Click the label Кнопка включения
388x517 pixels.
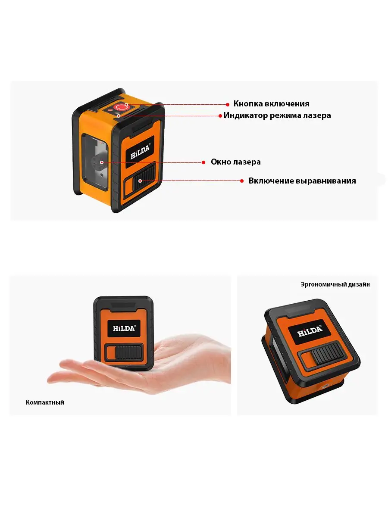(271, 104)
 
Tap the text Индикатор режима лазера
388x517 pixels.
(277, 115)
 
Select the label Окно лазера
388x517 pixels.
(235, 162)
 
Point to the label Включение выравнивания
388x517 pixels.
(302, 181)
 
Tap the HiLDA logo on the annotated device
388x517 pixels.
(140, 152)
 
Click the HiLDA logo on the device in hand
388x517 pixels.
(124, 328)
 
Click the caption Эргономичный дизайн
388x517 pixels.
(335, 284)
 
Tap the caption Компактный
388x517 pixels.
(45, 402)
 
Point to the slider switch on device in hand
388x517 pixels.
(128, 352)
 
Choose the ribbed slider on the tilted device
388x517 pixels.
(328, 354)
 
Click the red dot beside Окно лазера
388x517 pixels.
(203, 162)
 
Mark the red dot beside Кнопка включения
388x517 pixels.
(227, 104)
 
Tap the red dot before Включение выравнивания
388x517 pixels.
(242, 181)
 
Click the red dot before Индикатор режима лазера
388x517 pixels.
(220, 116)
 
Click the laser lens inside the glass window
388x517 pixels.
(99, 162)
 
